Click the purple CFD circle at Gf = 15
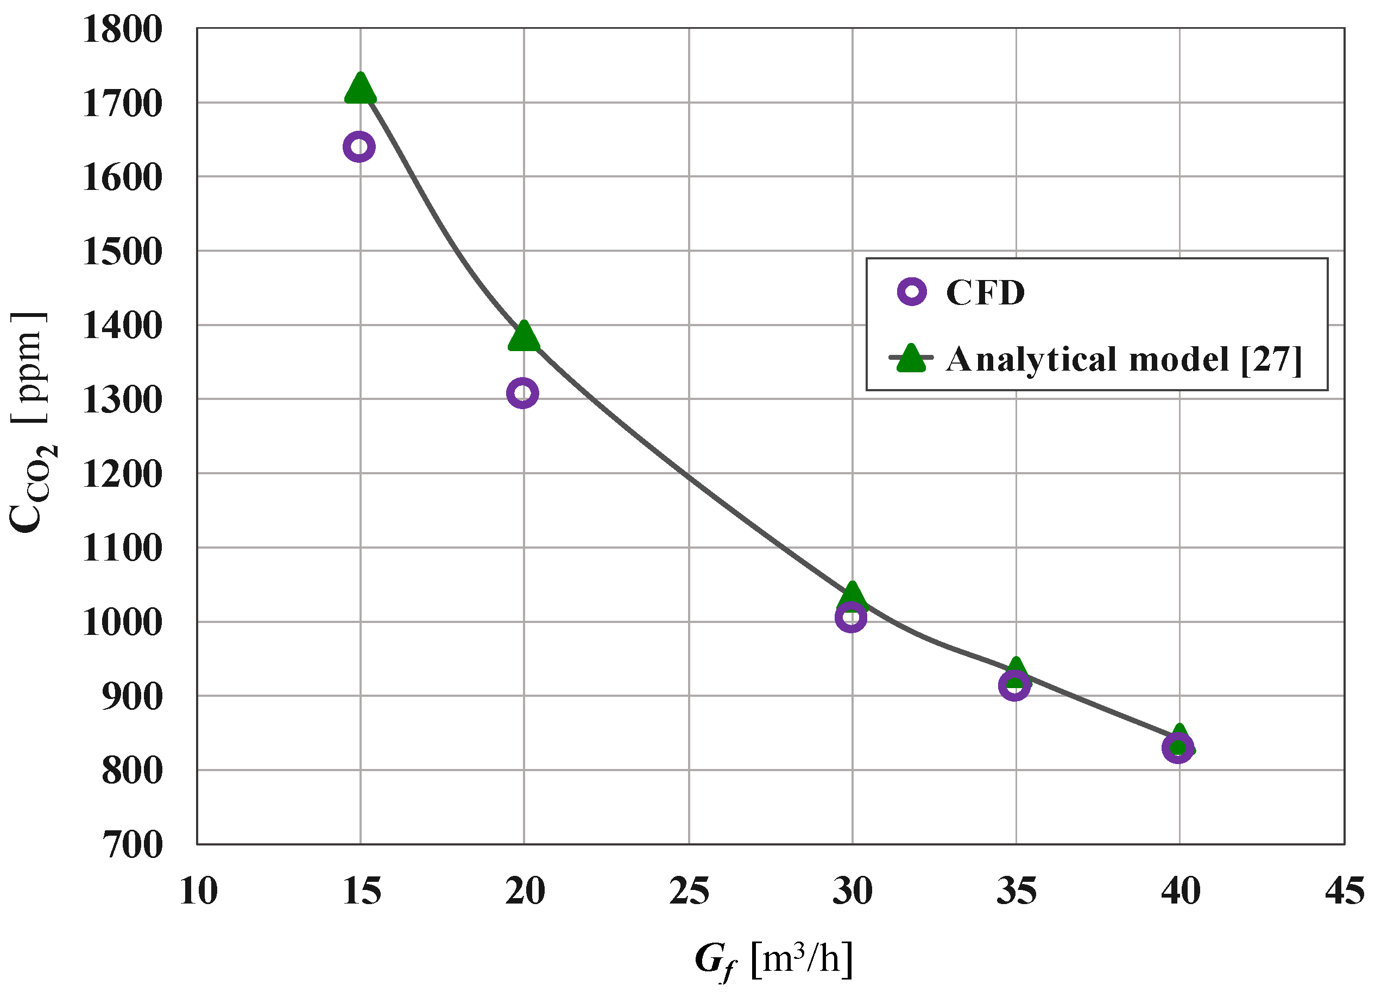359,147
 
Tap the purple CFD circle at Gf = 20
522,393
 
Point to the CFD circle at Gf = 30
850,618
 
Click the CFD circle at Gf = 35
1014,686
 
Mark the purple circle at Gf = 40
1178,748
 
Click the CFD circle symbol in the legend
912,291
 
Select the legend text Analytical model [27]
1124,359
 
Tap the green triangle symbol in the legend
911,359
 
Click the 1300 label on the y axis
123,400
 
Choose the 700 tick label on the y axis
132,845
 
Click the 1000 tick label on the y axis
123,622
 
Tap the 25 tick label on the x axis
689,892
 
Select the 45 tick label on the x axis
1344,892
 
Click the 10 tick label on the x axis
198,892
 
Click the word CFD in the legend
985,292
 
